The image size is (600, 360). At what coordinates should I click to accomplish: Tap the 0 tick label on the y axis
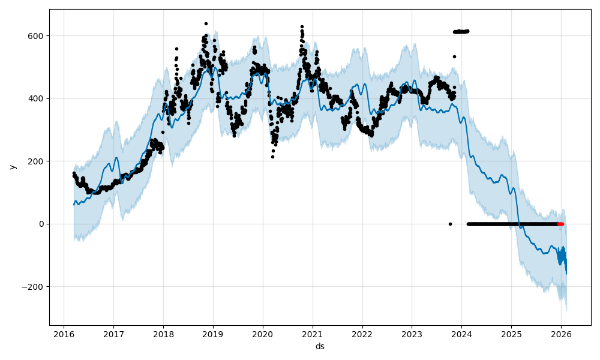[42, 224]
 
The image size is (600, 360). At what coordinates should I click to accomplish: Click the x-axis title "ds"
[320, 347]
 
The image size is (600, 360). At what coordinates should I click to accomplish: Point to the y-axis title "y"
[12, 167]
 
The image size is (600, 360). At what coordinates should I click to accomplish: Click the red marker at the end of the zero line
[560, 224]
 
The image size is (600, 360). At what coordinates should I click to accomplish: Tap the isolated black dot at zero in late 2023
[450, 224]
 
